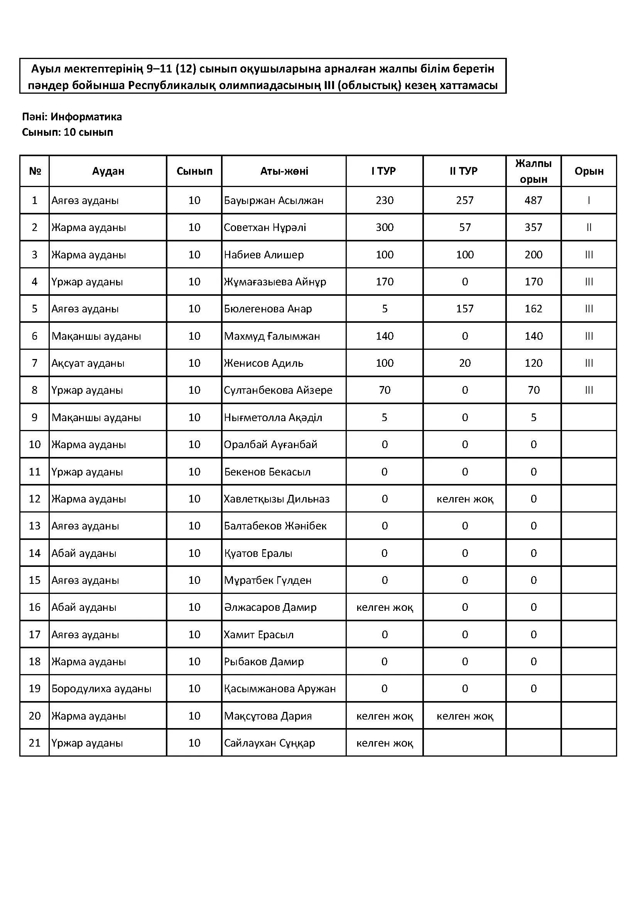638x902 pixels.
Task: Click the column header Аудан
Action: (108, 171)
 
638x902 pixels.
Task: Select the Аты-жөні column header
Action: (284, 171)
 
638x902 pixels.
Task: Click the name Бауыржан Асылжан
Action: (273, 201)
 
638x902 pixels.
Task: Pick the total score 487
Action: (533, 201)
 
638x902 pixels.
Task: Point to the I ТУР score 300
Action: (384, 228)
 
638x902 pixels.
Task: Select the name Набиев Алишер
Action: (263, 255)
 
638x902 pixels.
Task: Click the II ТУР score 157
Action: (464, 309)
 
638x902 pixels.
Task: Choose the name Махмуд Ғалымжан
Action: (272, 336)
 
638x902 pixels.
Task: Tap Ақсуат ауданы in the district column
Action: (88, 363)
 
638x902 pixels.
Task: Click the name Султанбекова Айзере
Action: (278, 390)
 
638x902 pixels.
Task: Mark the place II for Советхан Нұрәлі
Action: (589, 228)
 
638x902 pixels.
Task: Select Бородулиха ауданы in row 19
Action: (101, 689)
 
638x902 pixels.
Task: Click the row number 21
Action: (35, 743)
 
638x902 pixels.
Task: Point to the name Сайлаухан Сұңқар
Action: (269, 743)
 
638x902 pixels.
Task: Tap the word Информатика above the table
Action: (86, 117)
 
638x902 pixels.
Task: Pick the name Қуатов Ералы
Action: (258, 553)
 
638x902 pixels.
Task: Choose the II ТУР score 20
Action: (464, 363)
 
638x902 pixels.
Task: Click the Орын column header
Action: (589, 171)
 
